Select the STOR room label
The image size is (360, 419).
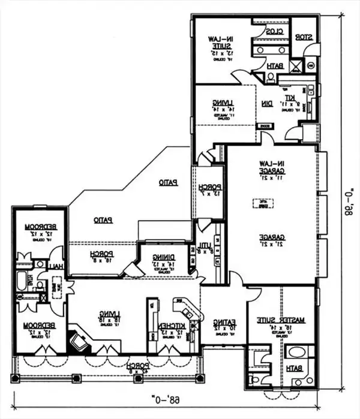coord(306,38)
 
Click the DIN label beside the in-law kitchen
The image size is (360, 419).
coord(266,104)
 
